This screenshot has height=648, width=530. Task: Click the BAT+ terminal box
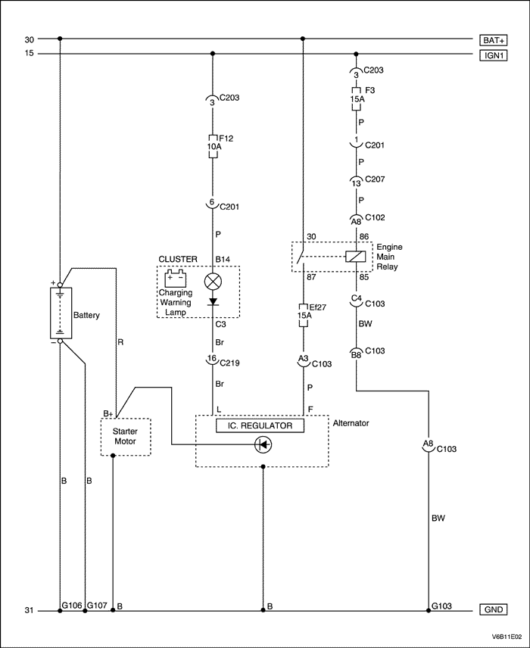493,39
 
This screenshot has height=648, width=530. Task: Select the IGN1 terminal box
493,54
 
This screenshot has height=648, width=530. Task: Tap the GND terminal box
493,610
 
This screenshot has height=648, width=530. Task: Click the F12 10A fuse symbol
213,145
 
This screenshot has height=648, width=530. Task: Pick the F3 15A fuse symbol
354,98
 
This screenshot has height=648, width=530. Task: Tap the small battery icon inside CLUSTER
176,278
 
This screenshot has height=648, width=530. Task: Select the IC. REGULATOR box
260,426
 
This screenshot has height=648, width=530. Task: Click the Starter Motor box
126,437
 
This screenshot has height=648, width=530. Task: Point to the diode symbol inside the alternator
263,445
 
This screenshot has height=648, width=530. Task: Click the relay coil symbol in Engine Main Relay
354,256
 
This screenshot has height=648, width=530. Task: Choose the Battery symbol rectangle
61,313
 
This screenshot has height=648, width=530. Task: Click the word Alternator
351,423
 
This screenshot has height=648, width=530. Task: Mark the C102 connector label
375,217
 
